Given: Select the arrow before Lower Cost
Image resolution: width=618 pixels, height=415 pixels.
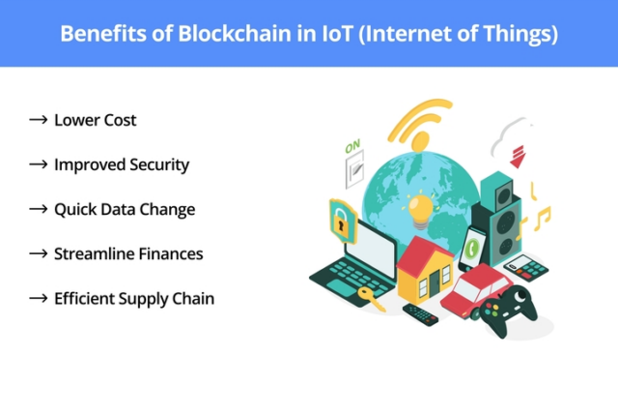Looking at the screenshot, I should [x=39, y=120].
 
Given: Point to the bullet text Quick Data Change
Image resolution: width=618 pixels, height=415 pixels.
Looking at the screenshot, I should [x=125, y=209].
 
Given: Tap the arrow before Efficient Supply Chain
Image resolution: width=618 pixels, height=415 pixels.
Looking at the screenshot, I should [x=39, y=298].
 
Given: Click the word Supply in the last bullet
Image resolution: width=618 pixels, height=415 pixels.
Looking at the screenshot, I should [x=147, y=299].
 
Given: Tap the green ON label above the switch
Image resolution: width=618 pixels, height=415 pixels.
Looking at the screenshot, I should [x=353, y=148].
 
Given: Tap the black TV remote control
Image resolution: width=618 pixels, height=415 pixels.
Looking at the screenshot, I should [x=420, y=314].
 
